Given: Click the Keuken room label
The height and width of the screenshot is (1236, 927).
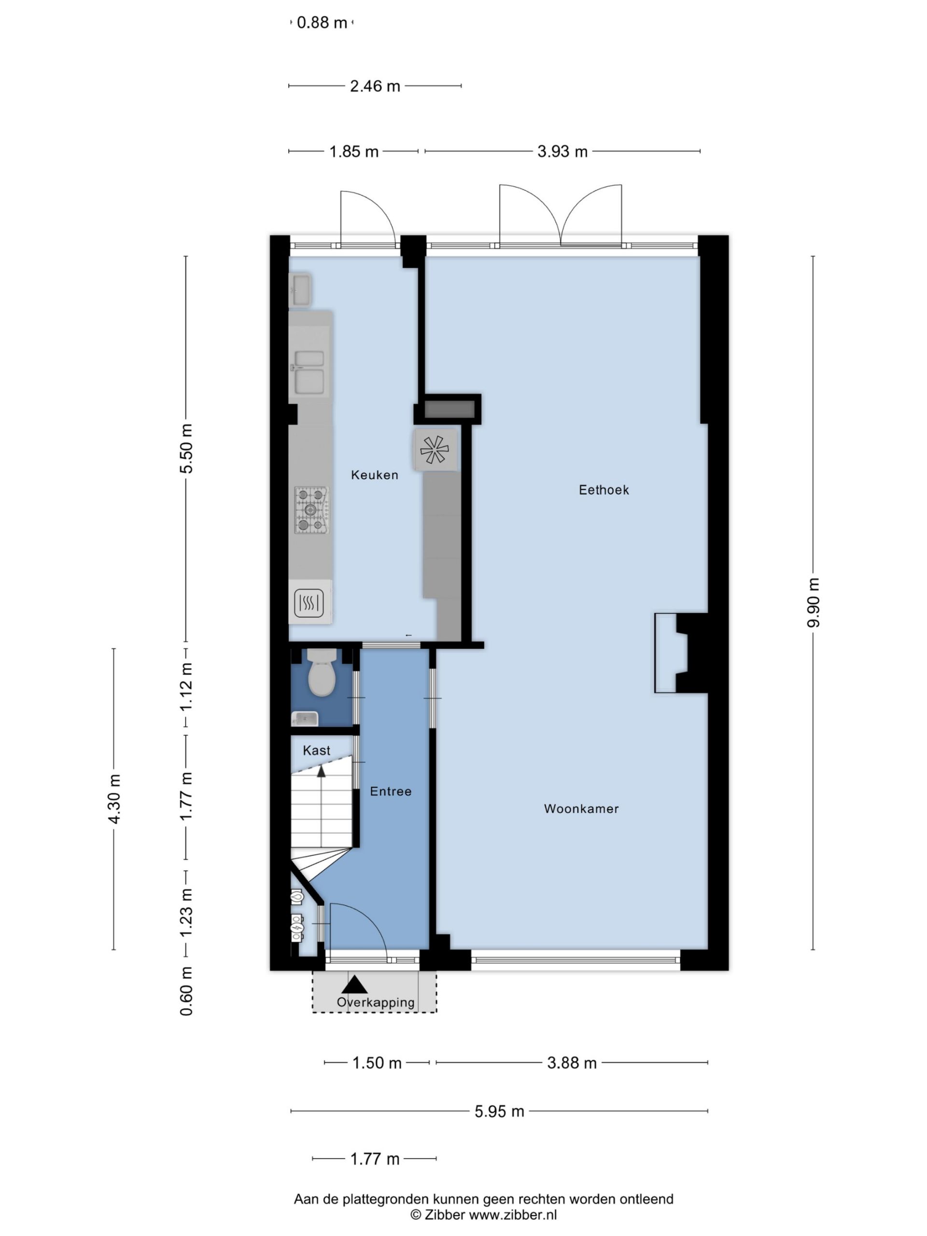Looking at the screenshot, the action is pos(374,475).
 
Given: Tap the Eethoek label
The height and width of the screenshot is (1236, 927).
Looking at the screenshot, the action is pos(604,490).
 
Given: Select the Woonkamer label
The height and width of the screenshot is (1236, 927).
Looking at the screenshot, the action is pos(581,809).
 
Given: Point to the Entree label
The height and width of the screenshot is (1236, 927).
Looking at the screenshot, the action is pos(391,791).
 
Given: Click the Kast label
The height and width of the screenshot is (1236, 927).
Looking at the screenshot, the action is pos(316,750).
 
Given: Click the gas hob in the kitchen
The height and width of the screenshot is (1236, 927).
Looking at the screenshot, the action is pos(311,509).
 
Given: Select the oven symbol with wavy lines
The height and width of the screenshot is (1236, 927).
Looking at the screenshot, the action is pos(309,603).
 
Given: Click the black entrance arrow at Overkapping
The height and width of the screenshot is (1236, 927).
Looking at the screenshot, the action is pos(354,984).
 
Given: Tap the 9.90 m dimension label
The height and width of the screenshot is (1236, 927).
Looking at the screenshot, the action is pos(813,603).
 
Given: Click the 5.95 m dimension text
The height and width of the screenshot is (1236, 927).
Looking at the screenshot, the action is pos(500,1111).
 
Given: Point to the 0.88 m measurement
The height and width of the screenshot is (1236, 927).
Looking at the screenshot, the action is pos(322,23).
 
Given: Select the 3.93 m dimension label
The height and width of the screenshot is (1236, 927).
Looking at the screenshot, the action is pos(562,152).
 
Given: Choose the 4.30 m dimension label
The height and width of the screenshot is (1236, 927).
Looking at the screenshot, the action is pos(114,799).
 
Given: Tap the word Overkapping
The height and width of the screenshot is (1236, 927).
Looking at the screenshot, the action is pos(376,1002).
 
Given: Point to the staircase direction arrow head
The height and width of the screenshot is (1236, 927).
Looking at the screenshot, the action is pos(321,771).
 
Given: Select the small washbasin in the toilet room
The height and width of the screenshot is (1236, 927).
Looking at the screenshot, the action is pos(305,718).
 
